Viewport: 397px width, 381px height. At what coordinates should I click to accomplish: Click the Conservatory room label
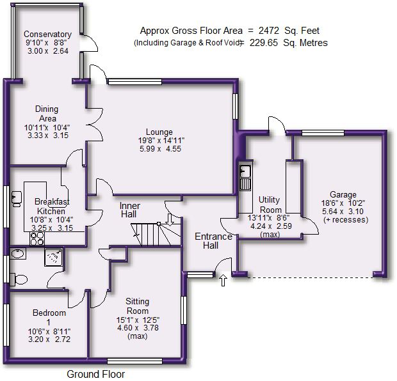click(47, 34)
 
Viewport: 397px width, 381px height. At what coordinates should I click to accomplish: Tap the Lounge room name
click(159, 132)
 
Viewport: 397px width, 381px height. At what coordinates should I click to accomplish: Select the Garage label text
click(343, 195)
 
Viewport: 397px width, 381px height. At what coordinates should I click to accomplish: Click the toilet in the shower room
click(19, 279)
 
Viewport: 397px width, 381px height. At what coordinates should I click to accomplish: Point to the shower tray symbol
click(53, 257)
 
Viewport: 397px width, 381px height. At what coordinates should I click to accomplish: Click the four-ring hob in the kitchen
click(37, 238)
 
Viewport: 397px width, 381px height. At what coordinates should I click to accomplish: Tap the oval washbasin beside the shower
click(18, 254)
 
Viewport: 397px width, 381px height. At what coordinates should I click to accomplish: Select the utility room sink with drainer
click(245, 178)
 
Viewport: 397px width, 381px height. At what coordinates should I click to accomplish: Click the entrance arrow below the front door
click(223, 281)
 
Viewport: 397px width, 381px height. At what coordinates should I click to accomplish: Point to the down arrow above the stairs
click(170, 219)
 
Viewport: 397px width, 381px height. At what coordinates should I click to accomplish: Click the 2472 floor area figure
click(269, 31)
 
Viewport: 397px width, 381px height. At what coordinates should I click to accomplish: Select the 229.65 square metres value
click(264, 43)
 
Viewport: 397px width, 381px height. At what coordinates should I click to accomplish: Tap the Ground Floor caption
click(95, 374)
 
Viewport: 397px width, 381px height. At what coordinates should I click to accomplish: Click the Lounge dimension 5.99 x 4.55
click(160, 149)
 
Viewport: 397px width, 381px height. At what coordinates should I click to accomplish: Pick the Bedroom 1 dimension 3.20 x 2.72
click(49, 339)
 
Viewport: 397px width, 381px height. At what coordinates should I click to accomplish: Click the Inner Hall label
click(129, 210)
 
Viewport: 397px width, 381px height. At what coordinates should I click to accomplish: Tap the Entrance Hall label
click(213, 241)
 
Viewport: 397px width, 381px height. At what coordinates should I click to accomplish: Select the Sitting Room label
click(138, 306)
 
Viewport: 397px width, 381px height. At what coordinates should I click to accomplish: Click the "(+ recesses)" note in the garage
click(346, 220)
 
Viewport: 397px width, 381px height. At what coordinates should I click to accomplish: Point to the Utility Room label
click(270, 205)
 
